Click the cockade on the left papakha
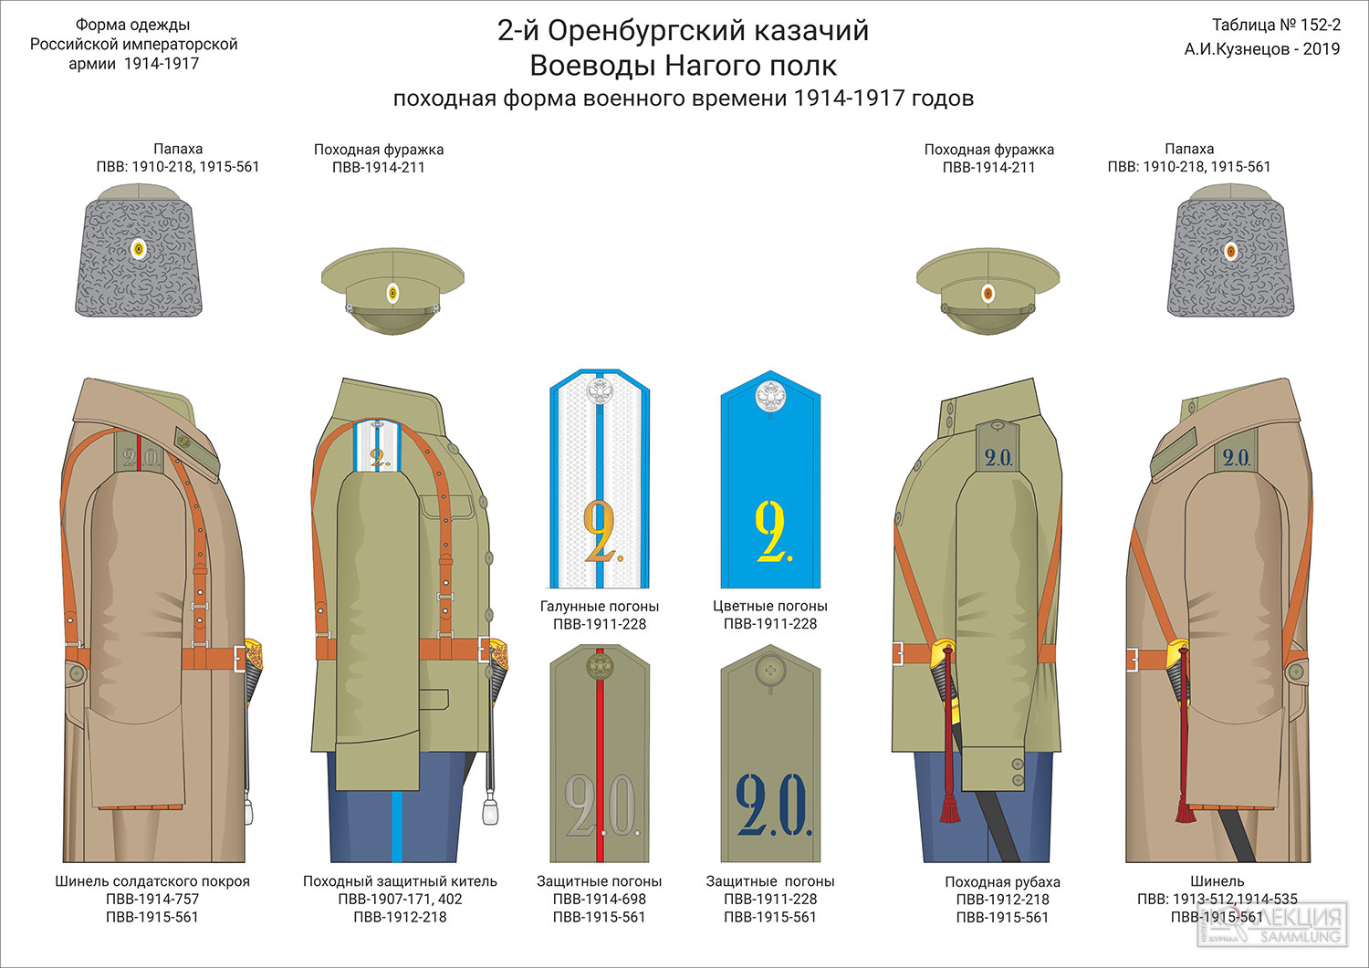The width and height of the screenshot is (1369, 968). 139,249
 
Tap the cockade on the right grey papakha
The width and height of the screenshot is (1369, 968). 1231,251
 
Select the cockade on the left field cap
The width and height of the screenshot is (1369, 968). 393,294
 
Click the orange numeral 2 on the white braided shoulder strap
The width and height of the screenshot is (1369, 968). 599,530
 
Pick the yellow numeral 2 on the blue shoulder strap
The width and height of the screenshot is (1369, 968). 770,530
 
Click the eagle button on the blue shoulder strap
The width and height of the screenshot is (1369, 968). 770,397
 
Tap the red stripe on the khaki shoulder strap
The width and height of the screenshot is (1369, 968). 600,755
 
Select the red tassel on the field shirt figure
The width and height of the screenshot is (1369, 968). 949,800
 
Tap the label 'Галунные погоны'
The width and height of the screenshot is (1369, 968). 599,606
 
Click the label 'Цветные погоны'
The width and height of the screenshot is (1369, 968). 770,606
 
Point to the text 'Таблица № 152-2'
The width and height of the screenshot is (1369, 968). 1276,25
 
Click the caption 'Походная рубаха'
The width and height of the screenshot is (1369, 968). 1002,882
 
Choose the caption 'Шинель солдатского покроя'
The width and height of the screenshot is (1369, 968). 152,881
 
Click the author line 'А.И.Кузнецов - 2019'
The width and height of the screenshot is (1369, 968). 1262,49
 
